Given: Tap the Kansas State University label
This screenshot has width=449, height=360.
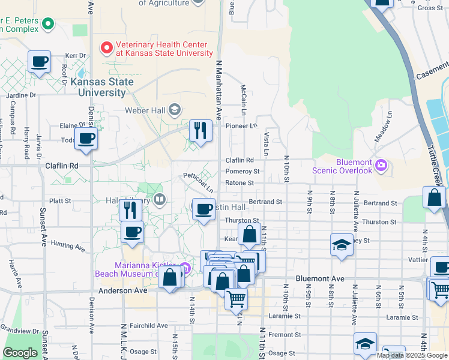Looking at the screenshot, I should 98,87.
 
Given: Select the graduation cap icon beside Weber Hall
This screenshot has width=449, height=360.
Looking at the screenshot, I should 175,109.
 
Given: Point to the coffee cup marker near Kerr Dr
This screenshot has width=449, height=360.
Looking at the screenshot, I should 39,61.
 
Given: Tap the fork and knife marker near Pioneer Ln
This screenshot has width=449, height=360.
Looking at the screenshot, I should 200,130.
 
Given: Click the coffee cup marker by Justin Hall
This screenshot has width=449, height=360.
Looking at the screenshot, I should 204,209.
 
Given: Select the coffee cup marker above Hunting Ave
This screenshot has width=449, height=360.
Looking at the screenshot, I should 132,232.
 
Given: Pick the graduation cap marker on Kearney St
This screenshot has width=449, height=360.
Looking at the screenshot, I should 342,245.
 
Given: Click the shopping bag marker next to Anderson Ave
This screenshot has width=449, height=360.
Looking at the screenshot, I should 170,278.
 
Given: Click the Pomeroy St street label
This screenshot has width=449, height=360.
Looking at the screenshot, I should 242,172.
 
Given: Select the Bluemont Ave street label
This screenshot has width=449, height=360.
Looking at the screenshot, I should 321,279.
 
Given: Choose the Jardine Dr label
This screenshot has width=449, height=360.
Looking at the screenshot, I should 21,95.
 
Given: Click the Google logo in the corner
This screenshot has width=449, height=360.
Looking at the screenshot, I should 20,353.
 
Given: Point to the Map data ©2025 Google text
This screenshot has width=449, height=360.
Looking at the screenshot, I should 411,355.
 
